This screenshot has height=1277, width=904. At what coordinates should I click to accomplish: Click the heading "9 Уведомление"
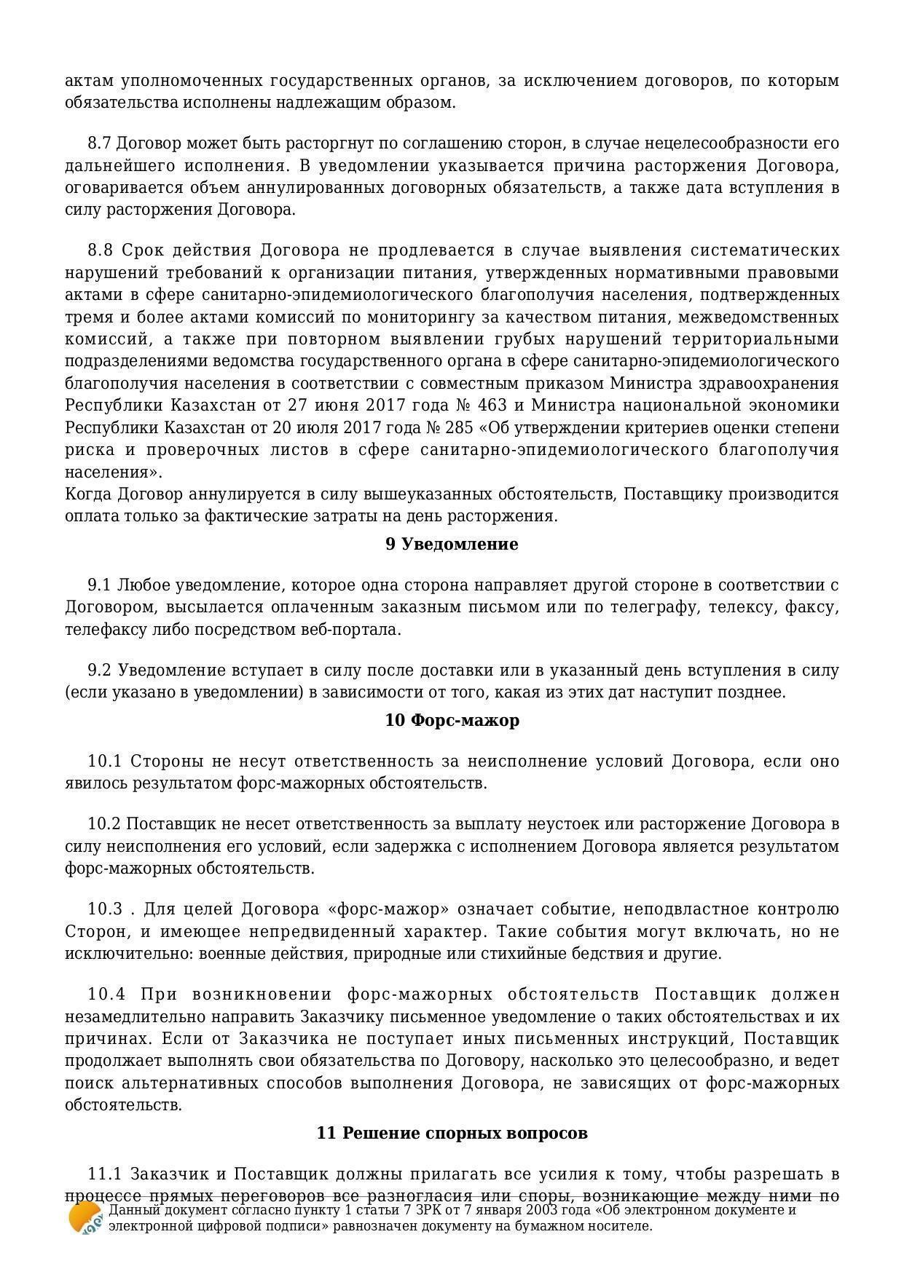click(452, 545)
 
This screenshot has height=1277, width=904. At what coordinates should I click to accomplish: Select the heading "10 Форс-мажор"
click(452, 721)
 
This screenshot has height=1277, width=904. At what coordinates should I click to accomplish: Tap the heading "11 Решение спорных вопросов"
click(452, 1134)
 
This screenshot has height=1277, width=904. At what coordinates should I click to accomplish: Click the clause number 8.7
click(100, 143)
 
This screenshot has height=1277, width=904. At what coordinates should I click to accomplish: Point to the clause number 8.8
click(101, 250)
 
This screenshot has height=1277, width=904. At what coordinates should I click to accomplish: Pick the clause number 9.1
click(100, 585)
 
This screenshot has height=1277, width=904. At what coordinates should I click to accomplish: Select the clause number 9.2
click(100, 671)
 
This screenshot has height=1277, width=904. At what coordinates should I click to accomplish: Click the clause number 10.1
click(104, 762)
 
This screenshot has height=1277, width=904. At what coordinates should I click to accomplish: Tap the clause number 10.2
click(104, 824)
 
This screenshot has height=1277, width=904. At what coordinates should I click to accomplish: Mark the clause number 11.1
click(104, 1174)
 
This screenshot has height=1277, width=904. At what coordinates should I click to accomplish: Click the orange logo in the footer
click(84, 1217)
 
